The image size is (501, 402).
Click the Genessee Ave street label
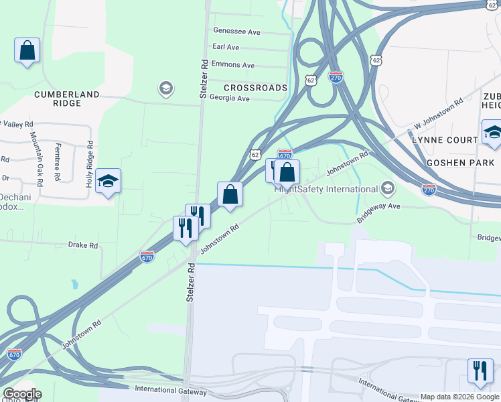(236, 31)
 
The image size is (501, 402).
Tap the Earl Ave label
(226, 48)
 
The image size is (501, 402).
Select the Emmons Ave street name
(232, 65)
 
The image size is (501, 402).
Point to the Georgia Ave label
(229, 98)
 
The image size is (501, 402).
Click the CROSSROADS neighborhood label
(255, 88)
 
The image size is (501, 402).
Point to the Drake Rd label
(83, 246)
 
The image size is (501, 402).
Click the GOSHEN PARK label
(459, 163)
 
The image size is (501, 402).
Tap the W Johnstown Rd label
(439, 115)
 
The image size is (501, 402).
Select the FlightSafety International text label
(326, 188)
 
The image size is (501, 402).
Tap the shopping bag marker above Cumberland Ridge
(27, 50)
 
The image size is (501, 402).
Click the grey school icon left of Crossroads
(165, 88)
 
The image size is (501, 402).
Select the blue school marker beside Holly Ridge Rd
(108, 181)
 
